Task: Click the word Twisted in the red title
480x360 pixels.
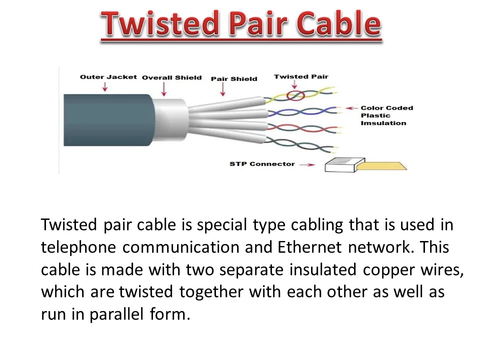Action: (x=155, y=23)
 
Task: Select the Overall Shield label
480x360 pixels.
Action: (x=171, y=77)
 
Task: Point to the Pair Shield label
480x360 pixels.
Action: (x=234, y=78)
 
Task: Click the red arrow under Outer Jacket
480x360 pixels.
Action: (x=104, y=87)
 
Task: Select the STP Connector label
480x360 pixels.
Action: (x=262, y=164)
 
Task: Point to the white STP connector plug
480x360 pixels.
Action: (x=341, y=165)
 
